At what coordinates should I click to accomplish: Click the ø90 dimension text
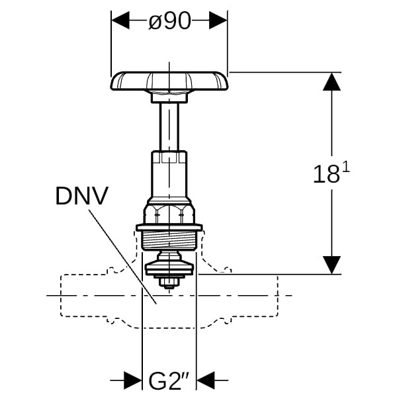coord(169,21)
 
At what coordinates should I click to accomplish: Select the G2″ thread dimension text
coord(169,381)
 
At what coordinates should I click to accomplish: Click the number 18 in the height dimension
coord(326,174)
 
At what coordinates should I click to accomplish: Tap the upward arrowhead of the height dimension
coord(331,82)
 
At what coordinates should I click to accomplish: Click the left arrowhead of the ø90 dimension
coord(120,21)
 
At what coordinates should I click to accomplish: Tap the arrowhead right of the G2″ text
coord(205,380)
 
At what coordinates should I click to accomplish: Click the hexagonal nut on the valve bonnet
coord(169,213)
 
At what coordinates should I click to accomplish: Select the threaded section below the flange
coord(169,241)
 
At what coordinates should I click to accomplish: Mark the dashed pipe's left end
coord(62,295)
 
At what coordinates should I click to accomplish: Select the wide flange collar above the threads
coord(169,228)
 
